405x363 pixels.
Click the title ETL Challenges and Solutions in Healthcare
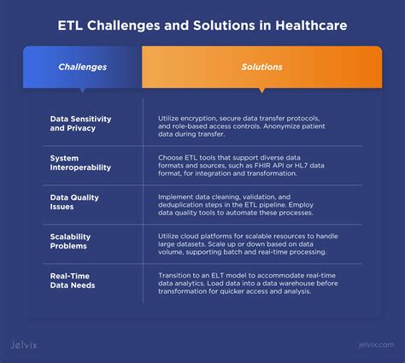202,26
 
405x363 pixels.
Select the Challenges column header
82,67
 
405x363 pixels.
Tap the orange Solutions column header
261,67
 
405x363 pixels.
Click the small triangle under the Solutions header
261,89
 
